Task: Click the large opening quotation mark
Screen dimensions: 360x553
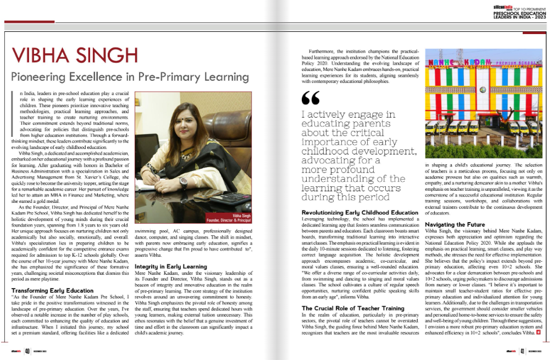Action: coord(311,98)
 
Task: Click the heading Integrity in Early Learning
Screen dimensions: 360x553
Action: coord(170,266)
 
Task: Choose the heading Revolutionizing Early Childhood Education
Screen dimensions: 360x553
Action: coord(360,213)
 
